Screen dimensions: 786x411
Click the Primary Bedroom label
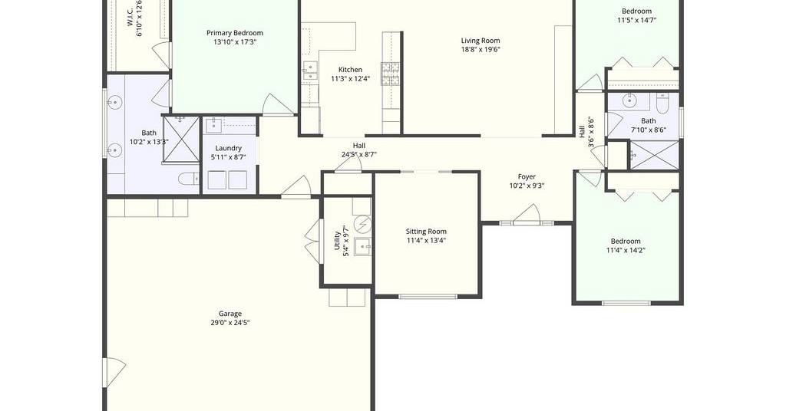click(235, 33)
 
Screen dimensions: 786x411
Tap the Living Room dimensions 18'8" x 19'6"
click(481, 50)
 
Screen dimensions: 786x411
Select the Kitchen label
click(350, 70)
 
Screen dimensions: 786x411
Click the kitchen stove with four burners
click(390, 74)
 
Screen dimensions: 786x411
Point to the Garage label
click(230, 314)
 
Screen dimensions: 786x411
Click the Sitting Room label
click(426, 232)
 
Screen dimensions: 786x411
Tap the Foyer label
click(527, 176)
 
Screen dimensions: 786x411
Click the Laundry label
click(229, 148)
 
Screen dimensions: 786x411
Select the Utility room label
click(338, 240)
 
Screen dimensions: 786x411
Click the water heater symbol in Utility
click(362, 224)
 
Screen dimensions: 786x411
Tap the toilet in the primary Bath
click(189, 179)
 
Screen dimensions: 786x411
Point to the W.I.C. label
click(130, 17)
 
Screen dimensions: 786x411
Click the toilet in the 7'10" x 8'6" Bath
click(662, 104)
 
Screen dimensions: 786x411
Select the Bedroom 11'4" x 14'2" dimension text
click(626, 250)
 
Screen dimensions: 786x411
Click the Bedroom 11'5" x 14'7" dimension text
click(636, 21)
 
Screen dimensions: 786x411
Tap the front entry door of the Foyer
click(527, 215)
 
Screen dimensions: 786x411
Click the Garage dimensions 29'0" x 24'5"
click(230, 323)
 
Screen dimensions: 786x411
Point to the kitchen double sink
click(310, 71)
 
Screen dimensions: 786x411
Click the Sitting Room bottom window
click(428, 297)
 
